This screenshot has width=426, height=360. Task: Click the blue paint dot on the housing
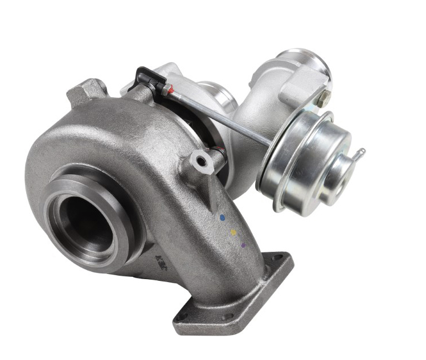[x=222, y=217]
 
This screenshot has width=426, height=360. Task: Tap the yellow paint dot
[x=232, y=232]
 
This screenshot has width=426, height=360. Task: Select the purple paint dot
[x=243, y=245]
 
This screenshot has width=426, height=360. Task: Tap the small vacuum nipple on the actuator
[x=358, y=153]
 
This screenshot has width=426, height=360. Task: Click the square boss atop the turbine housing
[x=85, y=91]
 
